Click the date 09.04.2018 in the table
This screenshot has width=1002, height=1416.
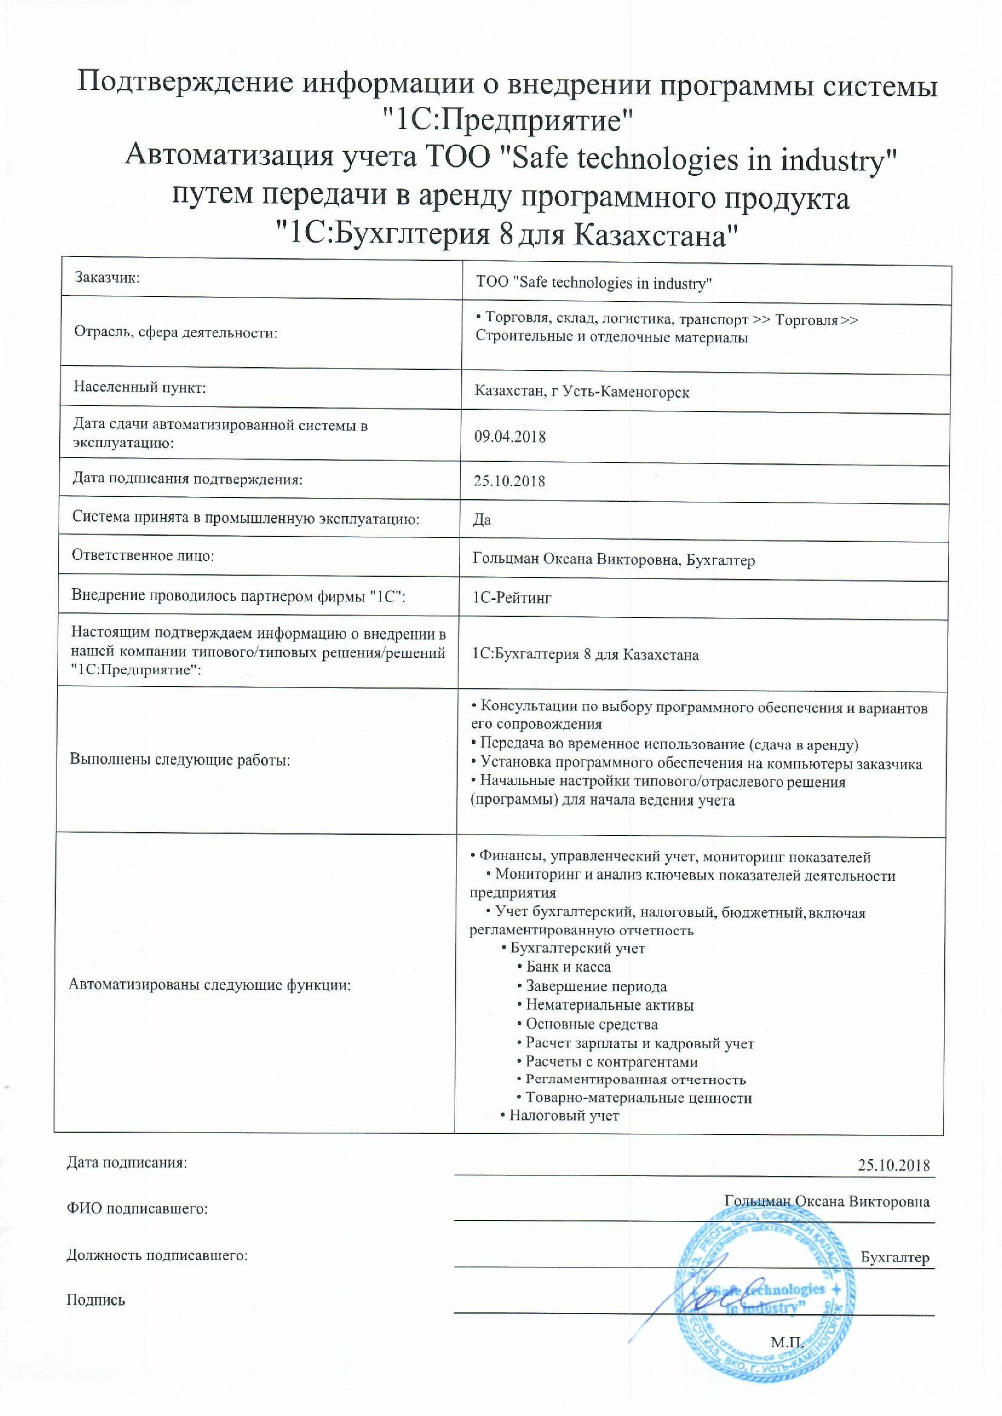pyautogui.click(x=510, y=437)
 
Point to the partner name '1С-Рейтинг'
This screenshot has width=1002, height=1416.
pyautogui.click(x=511, y=597)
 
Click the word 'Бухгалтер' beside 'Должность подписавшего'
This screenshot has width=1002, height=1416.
pyautogui.click(x=895, y=1257)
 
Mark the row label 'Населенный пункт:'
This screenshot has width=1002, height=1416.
pyautogui.click(x=140, y=388)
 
